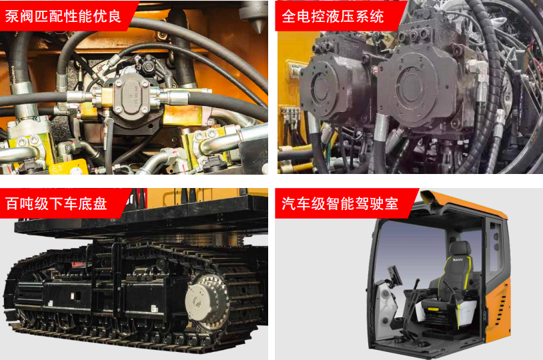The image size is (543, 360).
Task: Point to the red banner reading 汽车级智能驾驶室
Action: [x=343, y=203]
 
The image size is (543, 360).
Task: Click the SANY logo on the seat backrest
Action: [x=458, y=259]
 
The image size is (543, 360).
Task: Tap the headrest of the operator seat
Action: [x=460, y=249]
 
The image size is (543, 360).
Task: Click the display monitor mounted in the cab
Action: [x=395, y=275]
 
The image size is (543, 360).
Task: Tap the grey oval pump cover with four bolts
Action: [x=132, y=95]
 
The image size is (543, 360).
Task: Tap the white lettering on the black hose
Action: [x=13, y=75]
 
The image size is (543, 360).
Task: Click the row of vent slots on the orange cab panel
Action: [x=500, y=308]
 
